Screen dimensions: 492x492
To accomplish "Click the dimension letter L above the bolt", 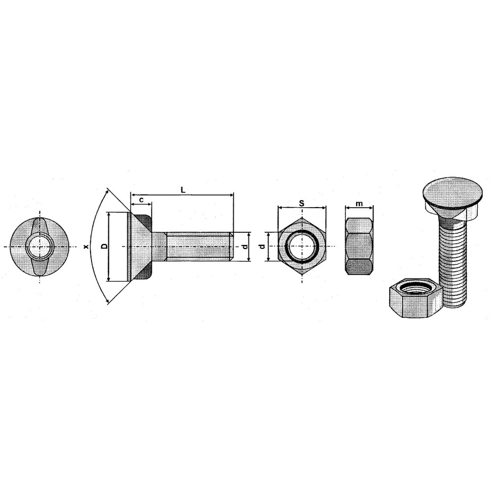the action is [x=183, y=189].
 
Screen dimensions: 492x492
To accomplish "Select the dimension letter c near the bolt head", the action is [x=142, y=200].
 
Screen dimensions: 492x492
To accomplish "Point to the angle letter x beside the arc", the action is [x=86, y=247].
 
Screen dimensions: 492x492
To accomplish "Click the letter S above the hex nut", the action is [x=302, y=203].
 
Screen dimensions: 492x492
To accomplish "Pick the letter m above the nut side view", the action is [x=359, y=204].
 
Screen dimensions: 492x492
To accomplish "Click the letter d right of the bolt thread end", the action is [x=246, y=246].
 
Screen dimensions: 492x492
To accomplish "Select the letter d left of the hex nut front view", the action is [x=263, y=246].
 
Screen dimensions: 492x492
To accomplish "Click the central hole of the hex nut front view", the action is [x=302, y=246].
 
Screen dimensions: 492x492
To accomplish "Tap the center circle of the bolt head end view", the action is [x=39, y=246].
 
